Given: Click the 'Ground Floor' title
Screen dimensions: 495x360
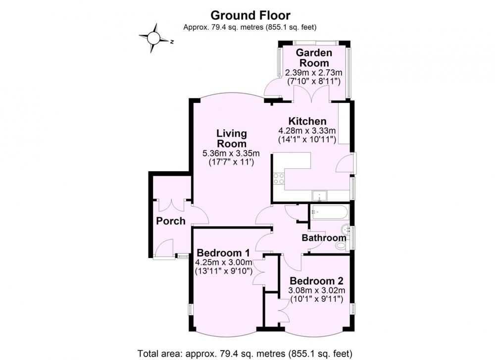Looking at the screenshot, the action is click(x=250, y=15).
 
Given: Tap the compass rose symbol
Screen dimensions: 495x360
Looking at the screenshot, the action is click(x=154, y=38).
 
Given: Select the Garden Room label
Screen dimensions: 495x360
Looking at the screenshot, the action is click(x=314, y=57).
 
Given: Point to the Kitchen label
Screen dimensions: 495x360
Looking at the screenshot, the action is click(x=307, y=121).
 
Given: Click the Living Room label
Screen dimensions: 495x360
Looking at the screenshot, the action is click(x=232, y=138).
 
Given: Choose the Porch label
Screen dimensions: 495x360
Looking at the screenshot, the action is click(x=171, y=221).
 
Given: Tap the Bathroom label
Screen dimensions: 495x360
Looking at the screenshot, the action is click(x=324, y=238).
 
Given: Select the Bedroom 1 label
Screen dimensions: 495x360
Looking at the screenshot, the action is click(x=223, y=253).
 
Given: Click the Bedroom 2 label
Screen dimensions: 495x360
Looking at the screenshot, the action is click(x=316, y=280).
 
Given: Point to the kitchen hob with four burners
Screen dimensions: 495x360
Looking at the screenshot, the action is click(x=279, y=179).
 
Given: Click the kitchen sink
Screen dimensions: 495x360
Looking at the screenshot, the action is click(x=319, y=196).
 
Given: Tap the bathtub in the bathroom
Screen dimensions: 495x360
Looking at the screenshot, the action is click(x=329, y=212).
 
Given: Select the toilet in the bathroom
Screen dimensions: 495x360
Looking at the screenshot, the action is click(x=341, y=246).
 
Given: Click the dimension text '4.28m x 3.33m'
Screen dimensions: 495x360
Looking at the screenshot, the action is click(x=307, y=130).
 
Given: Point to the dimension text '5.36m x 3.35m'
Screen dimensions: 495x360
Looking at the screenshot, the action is click(x=231, y=154).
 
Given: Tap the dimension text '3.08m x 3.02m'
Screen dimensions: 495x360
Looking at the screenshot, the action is click(x=317, y=290).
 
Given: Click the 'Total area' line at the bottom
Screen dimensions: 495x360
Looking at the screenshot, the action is click(x=245, y=353).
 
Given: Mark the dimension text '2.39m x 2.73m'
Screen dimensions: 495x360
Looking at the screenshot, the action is click(x=313, y=73).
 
